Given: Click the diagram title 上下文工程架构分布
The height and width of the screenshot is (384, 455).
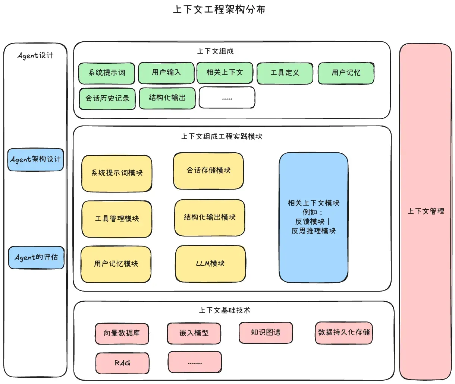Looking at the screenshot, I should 219,9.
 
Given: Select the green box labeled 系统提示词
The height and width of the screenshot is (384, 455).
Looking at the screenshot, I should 107,73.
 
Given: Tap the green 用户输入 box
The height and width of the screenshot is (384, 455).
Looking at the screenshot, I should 166,73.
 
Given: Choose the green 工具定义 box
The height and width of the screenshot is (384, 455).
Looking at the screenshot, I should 285,73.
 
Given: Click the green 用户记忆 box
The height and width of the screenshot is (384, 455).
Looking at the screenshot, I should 346,73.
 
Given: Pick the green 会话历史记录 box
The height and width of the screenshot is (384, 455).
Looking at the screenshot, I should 107,98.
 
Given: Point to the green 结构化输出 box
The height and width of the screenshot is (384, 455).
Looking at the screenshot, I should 167,98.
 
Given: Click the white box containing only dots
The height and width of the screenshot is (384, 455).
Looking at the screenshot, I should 227,98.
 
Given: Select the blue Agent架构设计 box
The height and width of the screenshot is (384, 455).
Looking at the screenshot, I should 36,160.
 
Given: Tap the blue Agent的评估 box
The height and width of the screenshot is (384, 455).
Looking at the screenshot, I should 36,257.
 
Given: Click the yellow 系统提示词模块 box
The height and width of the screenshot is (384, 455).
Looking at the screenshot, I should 117,173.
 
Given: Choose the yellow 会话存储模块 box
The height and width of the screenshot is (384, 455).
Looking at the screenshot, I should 208,171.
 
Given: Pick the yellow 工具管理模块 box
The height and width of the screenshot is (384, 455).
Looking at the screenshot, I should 117,219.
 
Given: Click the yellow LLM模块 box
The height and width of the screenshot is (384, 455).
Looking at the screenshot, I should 210,264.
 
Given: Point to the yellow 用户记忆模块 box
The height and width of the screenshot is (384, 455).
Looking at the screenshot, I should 116,264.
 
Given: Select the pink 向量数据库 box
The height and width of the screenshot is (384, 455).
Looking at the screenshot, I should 122,333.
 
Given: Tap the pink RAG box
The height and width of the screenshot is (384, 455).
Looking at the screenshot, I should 122,363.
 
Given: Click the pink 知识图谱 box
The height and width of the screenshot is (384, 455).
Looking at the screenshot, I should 266,333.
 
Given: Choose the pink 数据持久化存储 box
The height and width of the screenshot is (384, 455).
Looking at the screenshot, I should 343,333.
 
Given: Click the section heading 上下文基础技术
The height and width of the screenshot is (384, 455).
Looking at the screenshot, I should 225,310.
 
